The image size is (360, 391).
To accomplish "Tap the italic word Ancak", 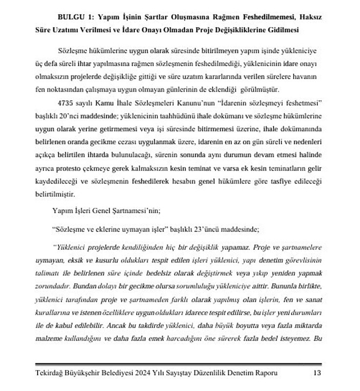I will [x=149, y=325].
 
